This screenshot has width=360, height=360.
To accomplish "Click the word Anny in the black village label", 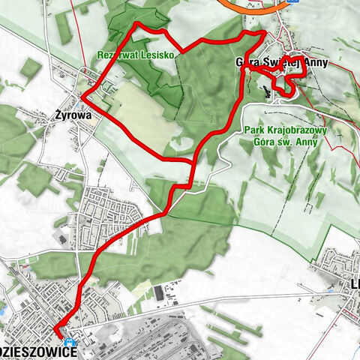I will click(x=314, y=63).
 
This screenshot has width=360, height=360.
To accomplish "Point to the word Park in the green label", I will click(x=257, y=130).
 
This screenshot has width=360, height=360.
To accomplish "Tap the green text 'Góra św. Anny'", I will click(x=287, y=141).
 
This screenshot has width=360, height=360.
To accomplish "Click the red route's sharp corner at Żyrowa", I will click(x=82, y=97).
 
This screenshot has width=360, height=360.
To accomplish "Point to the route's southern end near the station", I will click(x=56, y=328).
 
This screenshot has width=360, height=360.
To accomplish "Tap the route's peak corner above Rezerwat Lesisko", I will click(x=137, y=25).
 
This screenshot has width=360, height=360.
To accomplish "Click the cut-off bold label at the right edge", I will click(x=355, y=285).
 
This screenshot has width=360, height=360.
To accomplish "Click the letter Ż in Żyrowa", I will click(x=60, y=116).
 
